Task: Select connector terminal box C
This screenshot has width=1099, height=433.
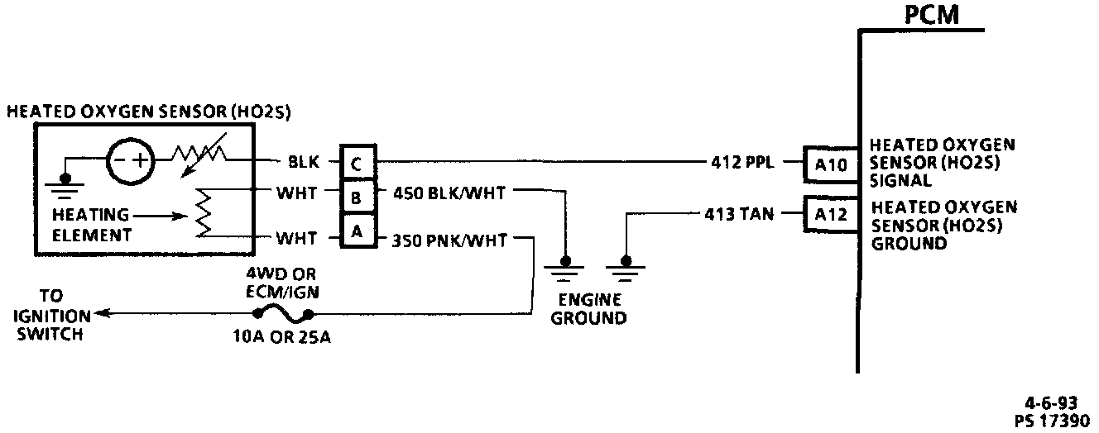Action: (356, 164)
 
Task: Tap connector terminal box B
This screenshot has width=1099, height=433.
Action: (356, 197)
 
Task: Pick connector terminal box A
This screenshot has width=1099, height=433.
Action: (356, 231)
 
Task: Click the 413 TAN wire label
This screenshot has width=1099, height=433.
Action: (739, 216)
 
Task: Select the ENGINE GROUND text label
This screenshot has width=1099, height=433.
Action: (588, 308)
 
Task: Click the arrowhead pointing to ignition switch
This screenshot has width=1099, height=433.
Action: (98, 313)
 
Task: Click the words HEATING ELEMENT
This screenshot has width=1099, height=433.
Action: (92, 224)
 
